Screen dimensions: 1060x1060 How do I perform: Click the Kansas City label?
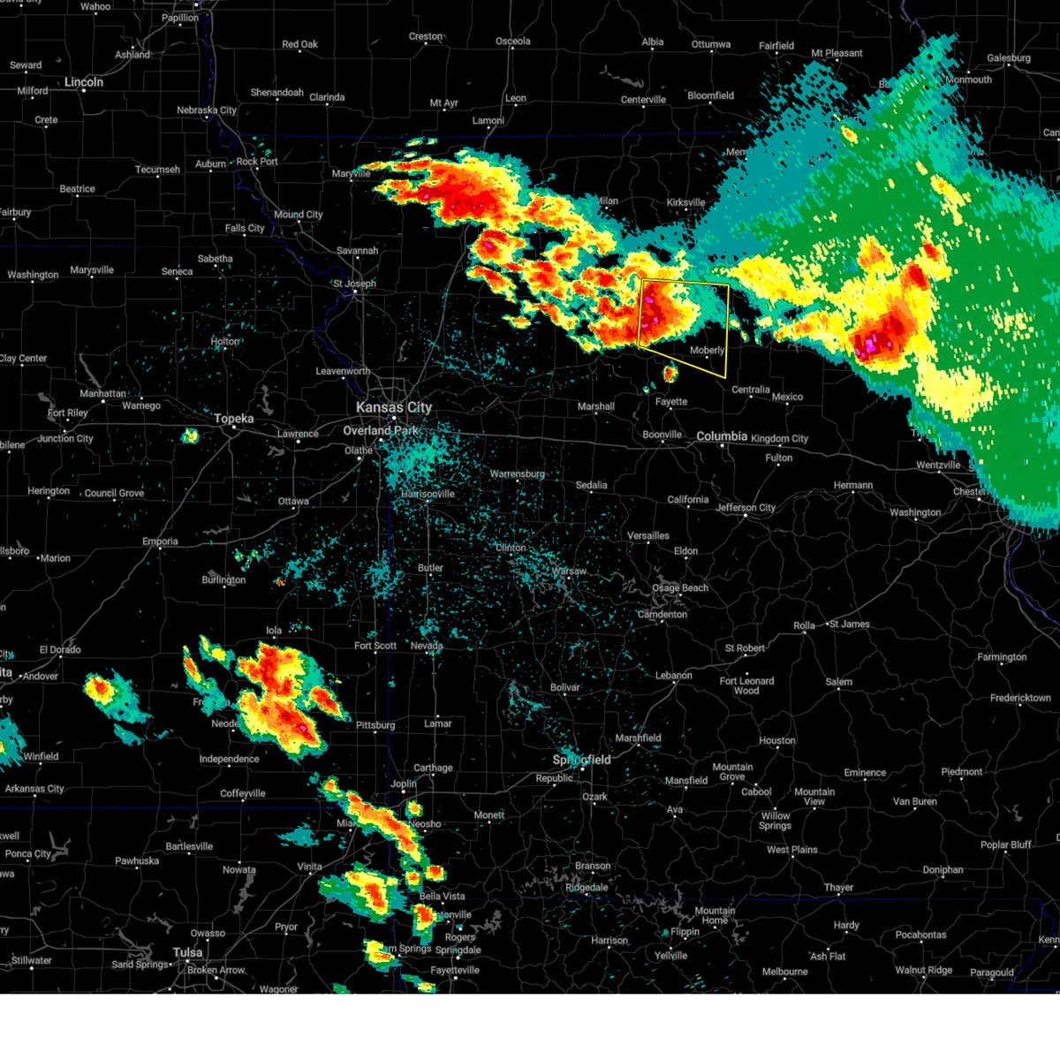[394, 407]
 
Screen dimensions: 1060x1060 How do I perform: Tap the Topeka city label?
[234, 419]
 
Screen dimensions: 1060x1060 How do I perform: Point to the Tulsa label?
[187, 952]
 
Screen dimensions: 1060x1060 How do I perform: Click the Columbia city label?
[722, 436]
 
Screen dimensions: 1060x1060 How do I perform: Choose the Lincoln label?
[84, 82]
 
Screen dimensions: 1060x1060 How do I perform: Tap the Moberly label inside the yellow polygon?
[707, 351]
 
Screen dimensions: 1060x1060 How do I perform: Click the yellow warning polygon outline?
[729, 327]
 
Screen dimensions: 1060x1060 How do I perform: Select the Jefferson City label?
[746, 508]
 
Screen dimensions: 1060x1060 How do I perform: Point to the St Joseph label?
[354, 284]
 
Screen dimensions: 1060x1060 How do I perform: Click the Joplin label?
[404, 784]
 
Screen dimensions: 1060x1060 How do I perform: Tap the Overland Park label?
[381, 430]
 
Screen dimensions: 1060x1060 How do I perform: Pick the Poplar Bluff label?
[1005, 844]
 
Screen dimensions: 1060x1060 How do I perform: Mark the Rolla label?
[804, 625]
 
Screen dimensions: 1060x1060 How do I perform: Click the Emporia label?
[160, 541]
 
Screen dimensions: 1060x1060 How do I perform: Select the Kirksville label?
[686, 202]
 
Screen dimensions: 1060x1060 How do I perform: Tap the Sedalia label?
[592, 485]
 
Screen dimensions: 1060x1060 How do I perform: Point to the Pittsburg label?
[375, 725]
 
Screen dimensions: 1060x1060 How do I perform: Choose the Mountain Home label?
[715, 915]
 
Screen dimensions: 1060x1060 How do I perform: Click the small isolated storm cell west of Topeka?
[190, 435]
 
